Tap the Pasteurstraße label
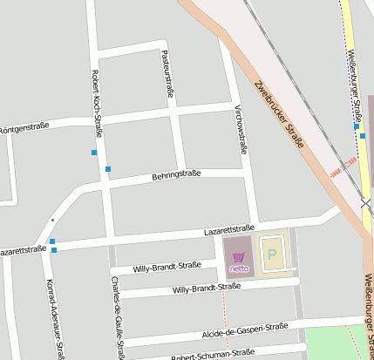click(169, 73)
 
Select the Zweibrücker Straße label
click(280, 113)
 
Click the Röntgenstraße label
click(23, 127)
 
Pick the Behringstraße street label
click(176, 174)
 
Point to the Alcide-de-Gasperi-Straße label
click(245, 329)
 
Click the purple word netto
click(239, 268)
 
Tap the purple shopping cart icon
click(239, 256)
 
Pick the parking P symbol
click(272, 255)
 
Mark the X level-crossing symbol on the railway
click(366, 204)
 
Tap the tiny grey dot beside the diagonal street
click(52, 220)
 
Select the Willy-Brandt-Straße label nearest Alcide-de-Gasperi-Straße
click(207, 288)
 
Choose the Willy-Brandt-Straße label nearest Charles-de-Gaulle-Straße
click(167, 268)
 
